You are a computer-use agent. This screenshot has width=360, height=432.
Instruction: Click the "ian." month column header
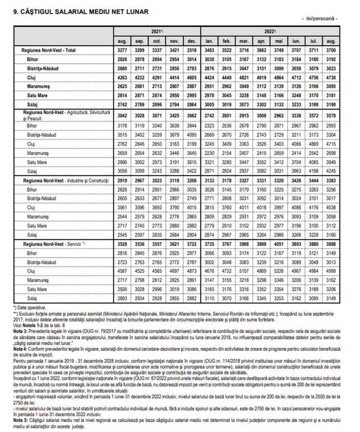click(209, 41)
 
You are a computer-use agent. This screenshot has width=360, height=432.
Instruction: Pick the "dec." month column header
click(192, 41)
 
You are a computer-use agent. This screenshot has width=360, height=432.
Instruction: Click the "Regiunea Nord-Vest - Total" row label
click(52, 50)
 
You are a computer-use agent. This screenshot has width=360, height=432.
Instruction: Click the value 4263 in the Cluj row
click(122, 77)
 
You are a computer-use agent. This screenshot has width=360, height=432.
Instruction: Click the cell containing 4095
click(192, 135)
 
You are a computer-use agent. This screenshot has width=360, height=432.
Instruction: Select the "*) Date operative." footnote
click(30, 308)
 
